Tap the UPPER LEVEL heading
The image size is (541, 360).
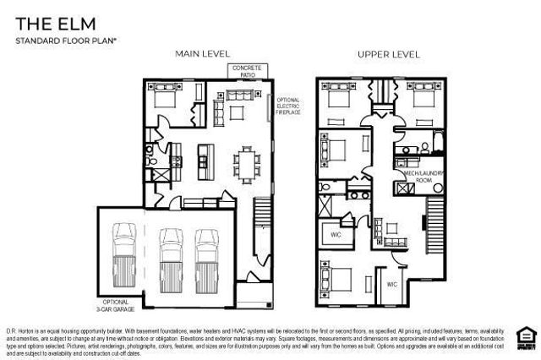(x=388, y=53)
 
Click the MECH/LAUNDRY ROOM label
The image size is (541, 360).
(x=417, y=177)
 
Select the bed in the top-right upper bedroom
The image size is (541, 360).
(x=415, y=102)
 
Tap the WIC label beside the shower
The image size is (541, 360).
(x=335, y=234)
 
